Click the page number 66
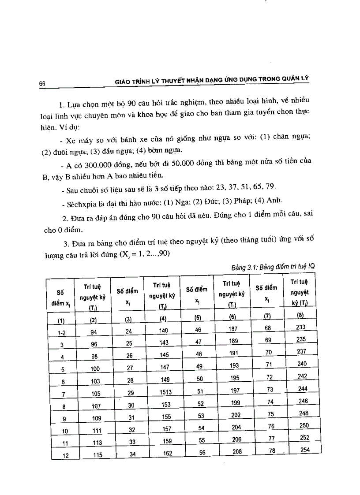pyautogui.click(x=42, y=83)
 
